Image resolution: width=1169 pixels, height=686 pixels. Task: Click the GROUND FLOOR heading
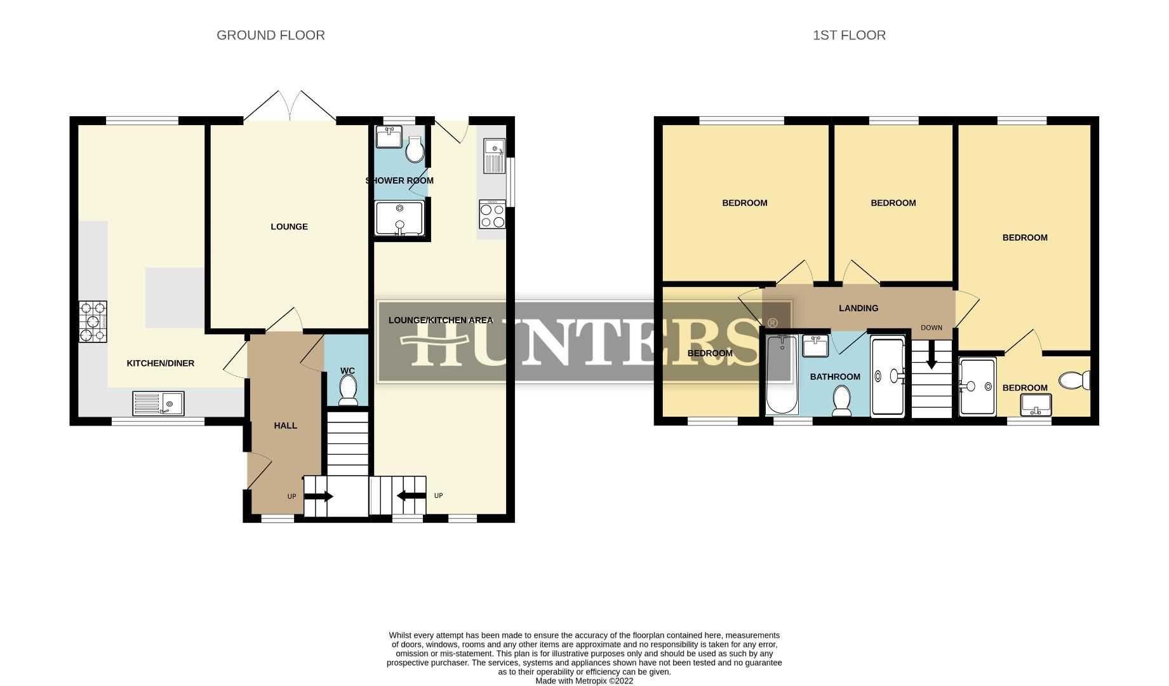tap(271, 36)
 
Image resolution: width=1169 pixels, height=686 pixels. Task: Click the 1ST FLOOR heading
tap(849, 36)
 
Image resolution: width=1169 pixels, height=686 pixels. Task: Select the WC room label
tap(347, 371)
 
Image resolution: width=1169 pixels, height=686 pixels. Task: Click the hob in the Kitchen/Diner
tap(93, 321)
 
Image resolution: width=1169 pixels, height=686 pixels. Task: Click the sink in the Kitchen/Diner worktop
tap(159, 403)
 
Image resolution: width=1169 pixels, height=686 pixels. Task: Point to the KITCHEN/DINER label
tap(161, 363)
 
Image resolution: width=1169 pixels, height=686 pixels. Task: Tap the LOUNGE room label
tap(289, 227)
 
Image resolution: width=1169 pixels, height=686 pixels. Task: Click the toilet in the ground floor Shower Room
tap(415, 150)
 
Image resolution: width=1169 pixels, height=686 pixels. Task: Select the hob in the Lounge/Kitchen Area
tap(493, 214)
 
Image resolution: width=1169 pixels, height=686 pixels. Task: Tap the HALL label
tap(285, 426)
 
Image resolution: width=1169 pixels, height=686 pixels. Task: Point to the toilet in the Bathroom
tap(842, 401)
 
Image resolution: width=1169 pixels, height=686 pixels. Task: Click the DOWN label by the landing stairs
tap(932, 328)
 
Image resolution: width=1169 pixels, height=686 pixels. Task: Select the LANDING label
tap(858, 308)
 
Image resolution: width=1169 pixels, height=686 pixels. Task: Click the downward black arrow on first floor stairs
tap(932, 356)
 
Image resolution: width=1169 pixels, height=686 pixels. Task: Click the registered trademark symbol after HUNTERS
tap(773, 323)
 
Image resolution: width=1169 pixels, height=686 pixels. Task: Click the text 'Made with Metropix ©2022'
tap(584, 681)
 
